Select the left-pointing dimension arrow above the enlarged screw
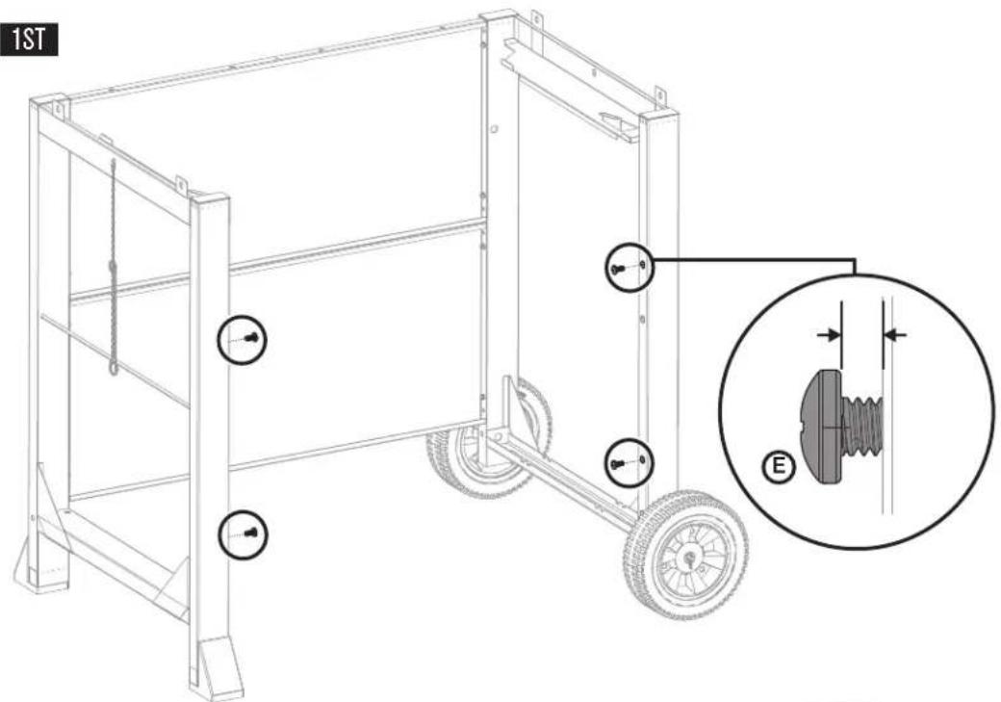click(896, 334)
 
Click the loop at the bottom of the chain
click(114, 367)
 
